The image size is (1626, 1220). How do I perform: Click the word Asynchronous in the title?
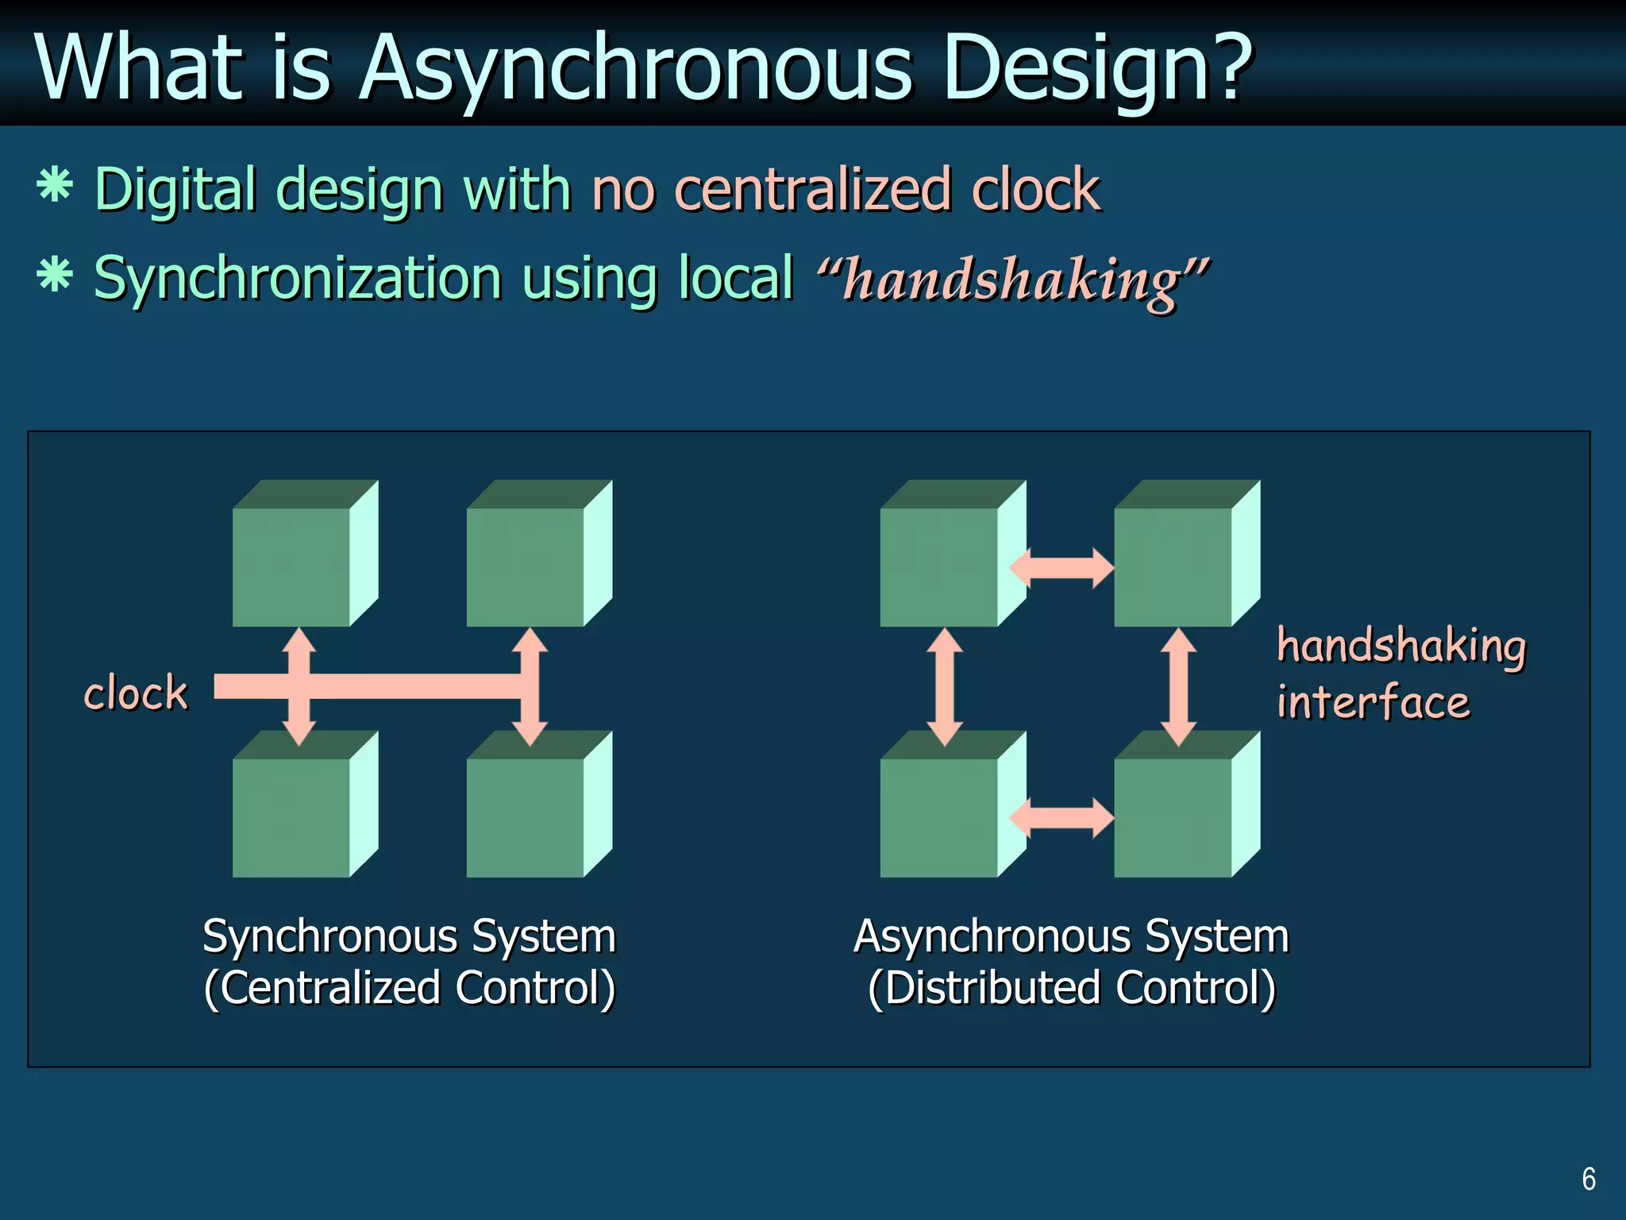tap(635, 70)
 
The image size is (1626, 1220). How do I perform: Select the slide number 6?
tap(1589, 1179)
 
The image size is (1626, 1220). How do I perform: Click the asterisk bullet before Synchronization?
tap(55, 276)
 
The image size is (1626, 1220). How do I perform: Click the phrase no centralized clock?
tap(846, 191)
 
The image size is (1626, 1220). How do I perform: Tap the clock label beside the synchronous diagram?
tap(136, 693)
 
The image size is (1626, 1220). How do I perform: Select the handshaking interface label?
tap(1401, 674)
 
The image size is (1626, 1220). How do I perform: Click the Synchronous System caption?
tap(409, 936)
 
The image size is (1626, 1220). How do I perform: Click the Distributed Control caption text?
tap(1072, 988)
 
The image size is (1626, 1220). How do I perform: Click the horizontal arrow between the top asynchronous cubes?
tap(1061, 568)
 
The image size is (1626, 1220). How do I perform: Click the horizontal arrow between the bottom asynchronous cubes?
tap(1061, 818)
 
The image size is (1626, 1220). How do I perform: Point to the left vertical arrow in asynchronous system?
tap(945, 687)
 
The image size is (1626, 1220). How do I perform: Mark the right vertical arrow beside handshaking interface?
tap(1179, 687)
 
